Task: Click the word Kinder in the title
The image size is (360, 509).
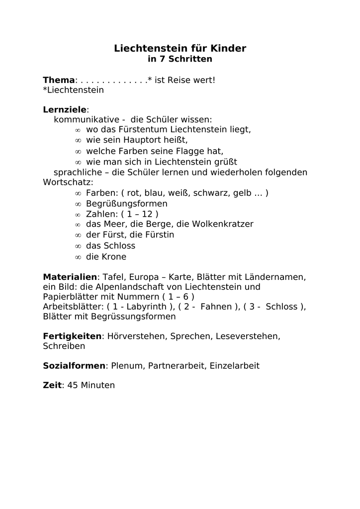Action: pyautogui.click(x=227, y=48)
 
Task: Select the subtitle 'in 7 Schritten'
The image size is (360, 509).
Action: pyautogui.click(x=180, y=59)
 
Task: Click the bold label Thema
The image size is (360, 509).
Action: pyautogui.click(x=59, y=80)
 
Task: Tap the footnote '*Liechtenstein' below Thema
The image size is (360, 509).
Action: pyautogui.click(x=73, y=90)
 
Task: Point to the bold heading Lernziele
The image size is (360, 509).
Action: pyautogui.click(x=65, y=109)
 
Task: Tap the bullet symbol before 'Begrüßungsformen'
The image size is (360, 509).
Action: pyautogui.click(x=78, y=204)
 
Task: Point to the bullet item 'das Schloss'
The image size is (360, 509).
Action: pyautogui.click(x=110, y=246)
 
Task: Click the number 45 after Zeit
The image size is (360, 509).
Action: pyautogui.click(x=73, y=385)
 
